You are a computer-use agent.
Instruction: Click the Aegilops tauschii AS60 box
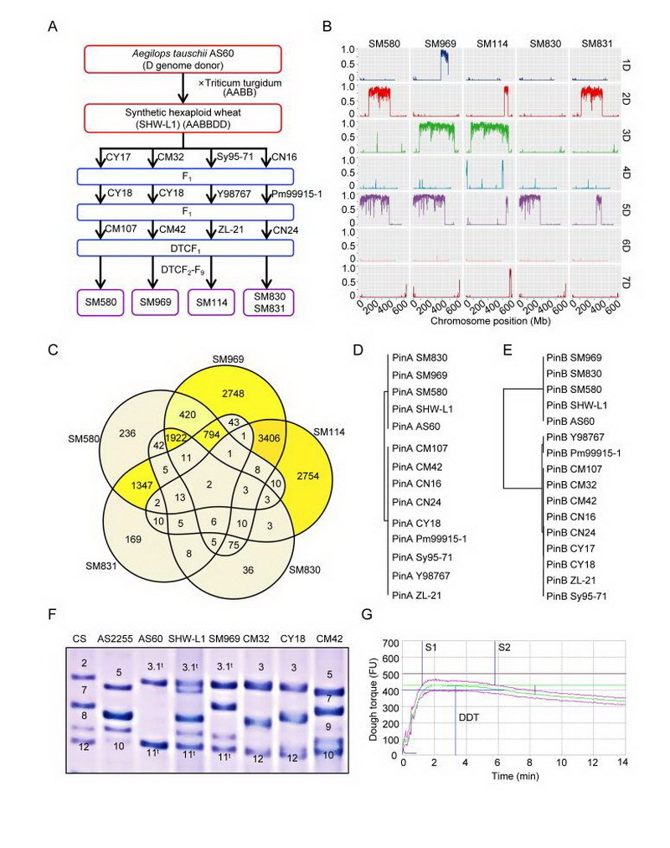point(183,59)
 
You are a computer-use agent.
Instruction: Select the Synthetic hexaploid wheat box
point(183,118)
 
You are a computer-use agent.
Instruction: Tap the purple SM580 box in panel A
point(100,302)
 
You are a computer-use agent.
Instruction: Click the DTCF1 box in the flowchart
point(185,248)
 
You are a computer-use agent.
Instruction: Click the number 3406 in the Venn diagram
point(269,438)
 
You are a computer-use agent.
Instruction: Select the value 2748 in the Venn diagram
point(233,394)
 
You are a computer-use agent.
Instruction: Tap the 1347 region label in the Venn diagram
point(142,485)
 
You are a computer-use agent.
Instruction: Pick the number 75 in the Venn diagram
point(234,546)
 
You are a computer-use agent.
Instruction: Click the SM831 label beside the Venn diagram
point(101,566)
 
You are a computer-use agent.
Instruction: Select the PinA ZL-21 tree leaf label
point(416,596)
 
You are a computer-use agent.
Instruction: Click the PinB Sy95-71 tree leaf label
point(576,596)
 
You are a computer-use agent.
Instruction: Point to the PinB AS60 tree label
point(570,421)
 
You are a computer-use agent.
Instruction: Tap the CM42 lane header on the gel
point(330,639)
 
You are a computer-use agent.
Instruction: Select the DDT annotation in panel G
point(468,717)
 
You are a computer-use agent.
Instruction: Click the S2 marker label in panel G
point(504,647)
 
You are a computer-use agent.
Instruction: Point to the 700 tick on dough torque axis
point(391,643)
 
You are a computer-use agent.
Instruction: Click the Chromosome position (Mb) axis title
point(491,321)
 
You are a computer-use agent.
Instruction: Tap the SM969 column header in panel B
point(440,44)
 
